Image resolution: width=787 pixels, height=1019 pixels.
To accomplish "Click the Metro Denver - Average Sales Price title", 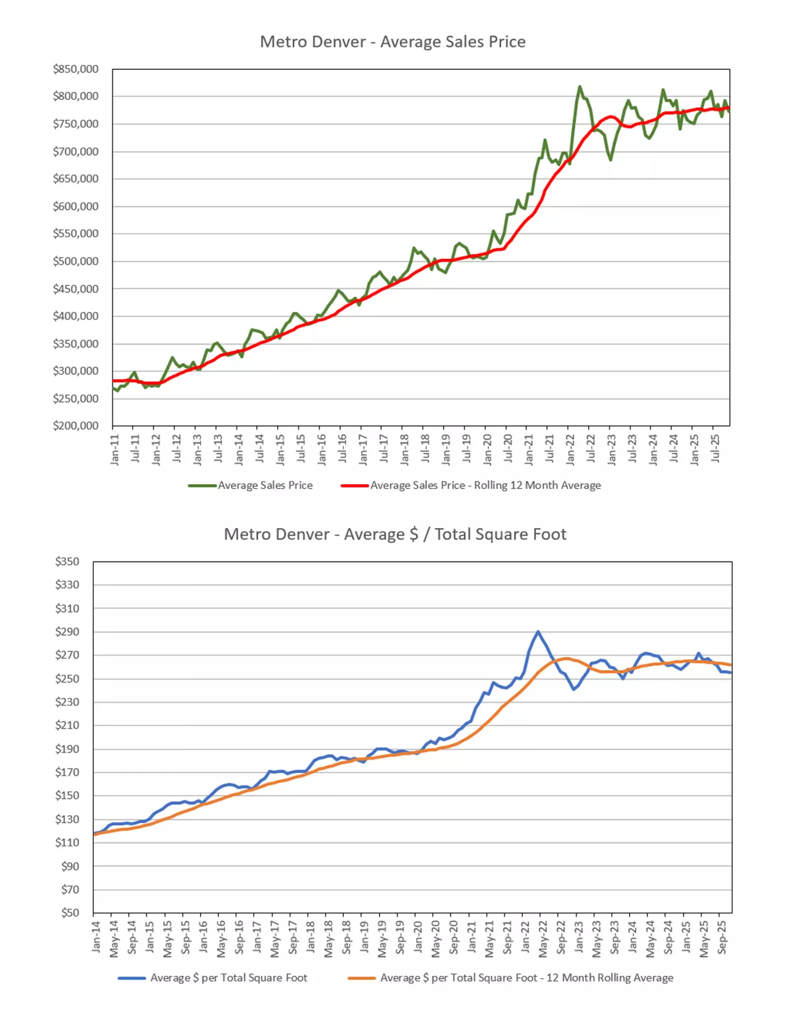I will [x=393, y=42].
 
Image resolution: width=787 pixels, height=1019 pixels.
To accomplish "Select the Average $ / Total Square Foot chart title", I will [x=395, y=534].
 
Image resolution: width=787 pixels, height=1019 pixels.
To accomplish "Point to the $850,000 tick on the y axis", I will [x=75, y=69].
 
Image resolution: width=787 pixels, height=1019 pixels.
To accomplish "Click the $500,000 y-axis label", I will [x=75, y=261].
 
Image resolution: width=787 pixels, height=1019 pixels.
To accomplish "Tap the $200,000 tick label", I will [x=75, y=426].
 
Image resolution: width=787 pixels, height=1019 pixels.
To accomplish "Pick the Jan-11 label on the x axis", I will [x=115, y=450].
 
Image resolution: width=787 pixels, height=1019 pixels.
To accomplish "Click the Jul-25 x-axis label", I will [x=715, y=450].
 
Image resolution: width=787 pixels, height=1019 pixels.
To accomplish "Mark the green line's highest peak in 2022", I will [x=580, y=86].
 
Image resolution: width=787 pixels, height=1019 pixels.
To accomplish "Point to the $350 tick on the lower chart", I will [x=67, y=561].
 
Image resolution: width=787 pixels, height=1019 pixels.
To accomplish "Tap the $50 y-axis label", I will [x=70, y=913].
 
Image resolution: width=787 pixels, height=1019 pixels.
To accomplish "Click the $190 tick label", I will [x=67, y=749].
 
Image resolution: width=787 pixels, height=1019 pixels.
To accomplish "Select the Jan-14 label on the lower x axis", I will [x=96, y=937].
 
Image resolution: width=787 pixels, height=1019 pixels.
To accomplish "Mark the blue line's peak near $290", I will [x=538, y=632].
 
